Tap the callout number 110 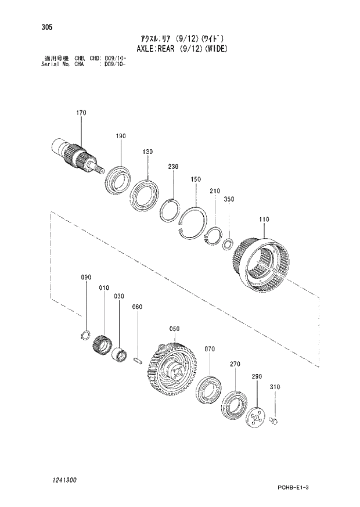tap(264, 220)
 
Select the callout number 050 tap(175, 329)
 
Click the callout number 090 tap(86, 278)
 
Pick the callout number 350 tap(229, 199)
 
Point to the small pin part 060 tap(137, 359)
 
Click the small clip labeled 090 tap(84, 335)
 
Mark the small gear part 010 tap(102, 346)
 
